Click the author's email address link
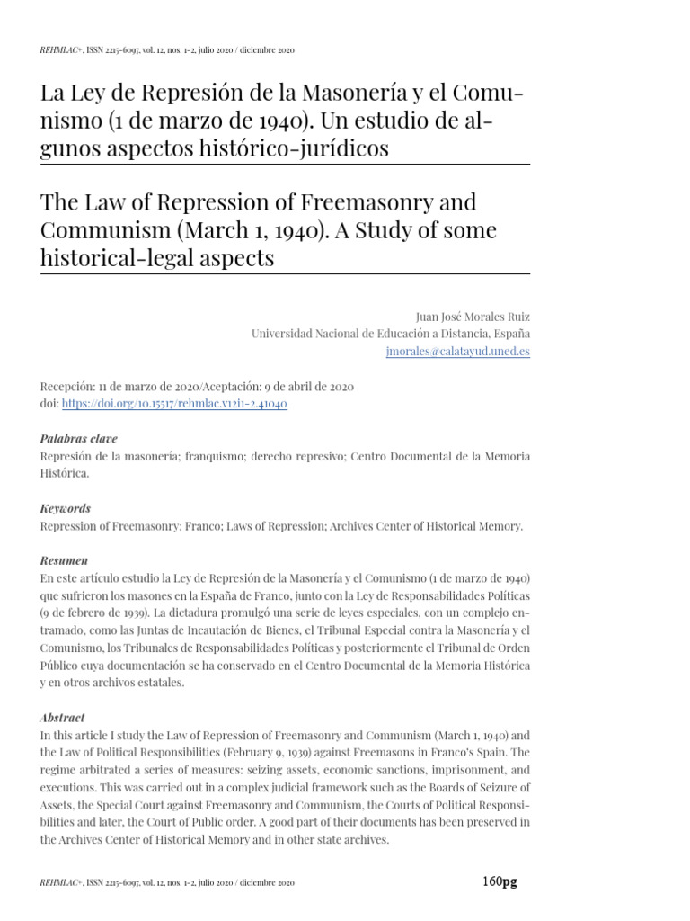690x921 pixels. [458, 352]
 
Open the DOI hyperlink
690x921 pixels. [174, 404]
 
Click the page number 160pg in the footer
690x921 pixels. [500, 881]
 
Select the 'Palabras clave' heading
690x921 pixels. [79, 438]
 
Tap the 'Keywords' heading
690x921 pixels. [66, 508]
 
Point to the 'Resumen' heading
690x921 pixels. [64, 560]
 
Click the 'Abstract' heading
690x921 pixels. [63, 718]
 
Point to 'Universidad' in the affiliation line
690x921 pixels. [286, 334]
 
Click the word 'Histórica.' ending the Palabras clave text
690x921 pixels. [65, 472]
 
